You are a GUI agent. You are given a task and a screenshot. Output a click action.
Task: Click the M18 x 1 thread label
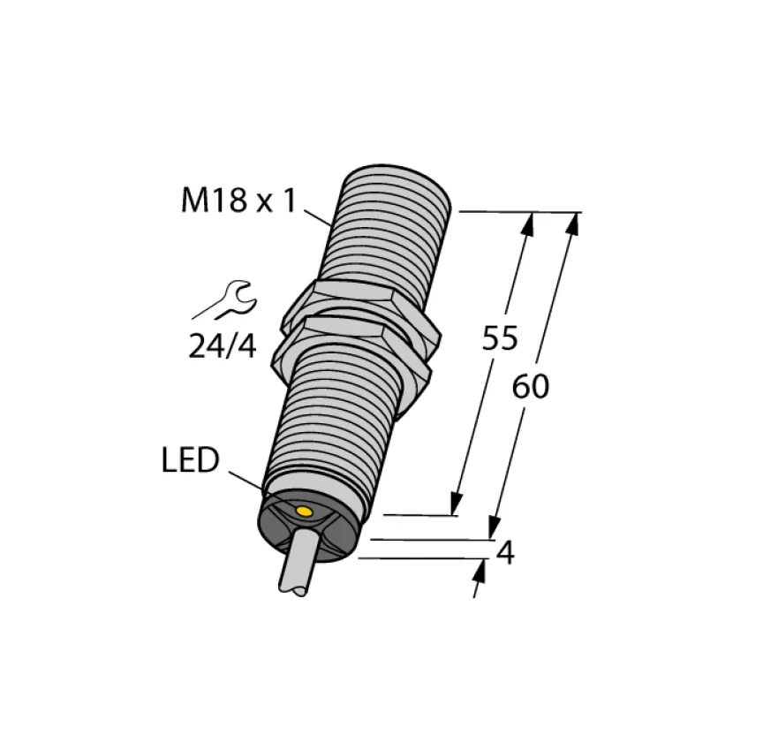click(x=238, y=200)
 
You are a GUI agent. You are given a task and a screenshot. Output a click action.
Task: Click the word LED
click(x=190, y=460)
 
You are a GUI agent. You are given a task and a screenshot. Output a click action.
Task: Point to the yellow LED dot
click(x=304, y=511)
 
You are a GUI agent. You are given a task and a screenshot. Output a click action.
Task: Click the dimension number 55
click(x=500, y=337)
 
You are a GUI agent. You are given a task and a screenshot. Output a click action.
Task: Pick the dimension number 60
click(x=531, y=388)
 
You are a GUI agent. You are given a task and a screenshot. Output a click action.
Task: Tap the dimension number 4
click(x=506, y=554)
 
